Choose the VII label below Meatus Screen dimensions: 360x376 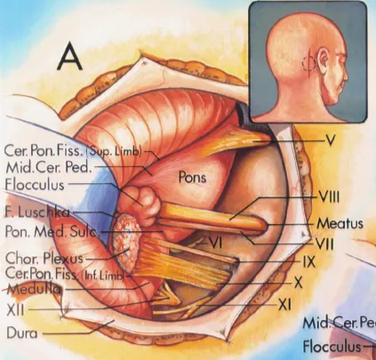click(x=325, y=241)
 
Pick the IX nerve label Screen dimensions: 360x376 click(x=308, y=263)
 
